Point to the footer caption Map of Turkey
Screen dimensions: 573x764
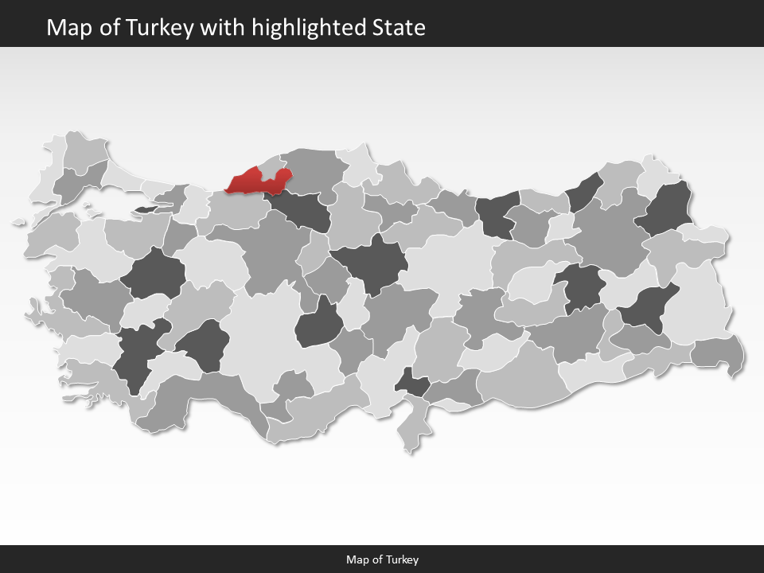click(x=382, y=559)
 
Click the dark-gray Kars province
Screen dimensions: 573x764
click(x=668, y=211)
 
